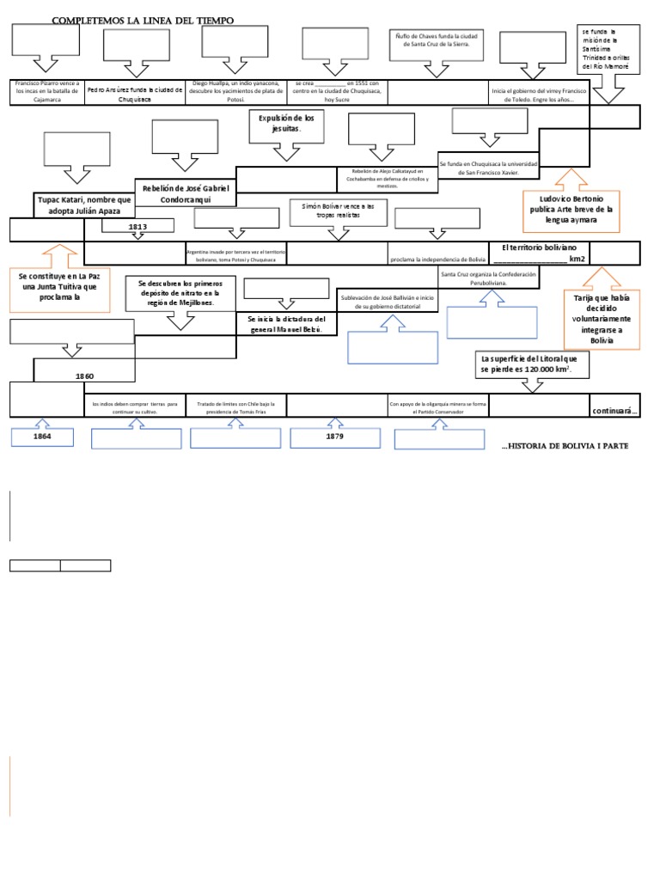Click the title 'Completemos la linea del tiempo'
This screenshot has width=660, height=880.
(x=143, y=20)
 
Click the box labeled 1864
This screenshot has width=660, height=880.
(x=42, y=437)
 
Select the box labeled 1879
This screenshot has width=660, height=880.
(x=335, y=437)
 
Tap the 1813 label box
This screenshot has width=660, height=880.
(x=138, y=227)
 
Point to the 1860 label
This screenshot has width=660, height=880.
(x=84, y=376)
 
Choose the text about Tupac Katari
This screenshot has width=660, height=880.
(x=85, y=205)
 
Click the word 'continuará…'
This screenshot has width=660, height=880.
(x=614, y=411)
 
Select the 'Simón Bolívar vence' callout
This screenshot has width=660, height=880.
(x=339, y=211)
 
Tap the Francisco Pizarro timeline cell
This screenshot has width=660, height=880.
(x=47, y=91)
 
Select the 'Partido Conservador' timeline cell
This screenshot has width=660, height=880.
(x=437, y=406)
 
